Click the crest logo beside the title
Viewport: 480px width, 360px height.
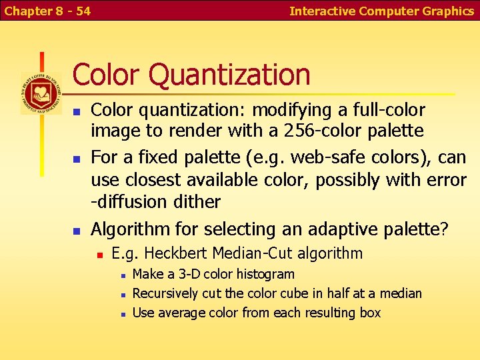click(x=41, y=93)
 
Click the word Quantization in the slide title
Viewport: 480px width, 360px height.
click(x=229, y=75)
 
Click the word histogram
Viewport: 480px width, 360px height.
click(x=264, y=274)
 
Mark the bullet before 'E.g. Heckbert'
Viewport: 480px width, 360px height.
click(x=99, y=255)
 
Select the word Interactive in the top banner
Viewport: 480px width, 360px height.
click(x=323, y=11)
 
